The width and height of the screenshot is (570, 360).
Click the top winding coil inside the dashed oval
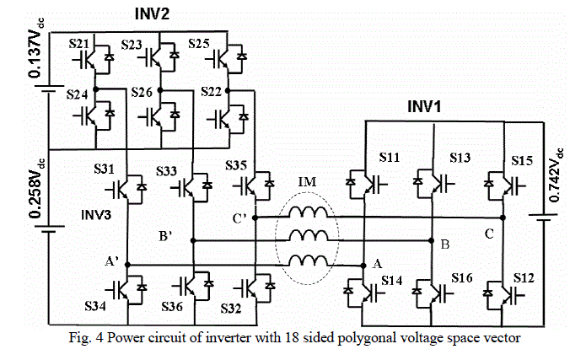[309, 212]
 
